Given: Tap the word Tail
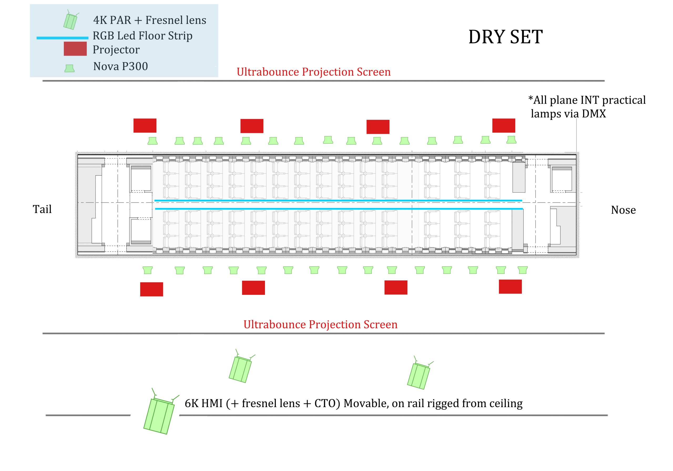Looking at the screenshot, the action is coord(42,209).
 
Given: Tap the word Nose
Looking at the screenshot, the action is coord(624,210).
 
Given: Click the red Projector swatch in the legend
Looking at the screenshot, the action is coord(75,49).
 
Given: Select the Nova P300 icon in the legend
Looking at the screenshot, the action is coord(69,68).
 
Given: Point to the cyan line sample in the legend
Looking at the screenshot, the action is coord(62,38).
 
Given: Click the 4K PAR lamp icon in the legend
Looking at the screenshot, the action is coord(71,20).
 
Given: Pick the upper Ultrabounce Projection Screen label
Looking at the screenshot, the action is coord(314,72).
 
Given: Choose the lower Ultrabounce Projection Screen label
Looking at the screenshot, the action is coord(320,325).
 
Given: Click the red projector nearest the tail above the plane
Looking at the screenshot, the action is coord(145,126).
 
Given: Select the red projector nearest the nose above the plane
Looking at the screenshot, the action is coord(504,126).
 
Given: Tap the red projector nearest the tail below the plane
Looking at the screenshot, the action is coord(151,289).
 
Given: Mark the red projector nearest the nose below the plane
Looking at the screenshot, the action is coord(510,287).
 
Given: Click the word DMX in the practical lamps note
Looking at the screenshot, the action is coord(594,114).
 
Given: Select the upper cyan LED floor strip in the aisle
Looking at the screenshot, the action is coord(338,201).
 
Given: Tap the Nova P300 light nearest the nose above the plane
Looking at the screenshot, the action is coord(511,140).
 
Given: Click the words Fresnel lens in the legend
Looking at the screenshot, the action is coord(176,20).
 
